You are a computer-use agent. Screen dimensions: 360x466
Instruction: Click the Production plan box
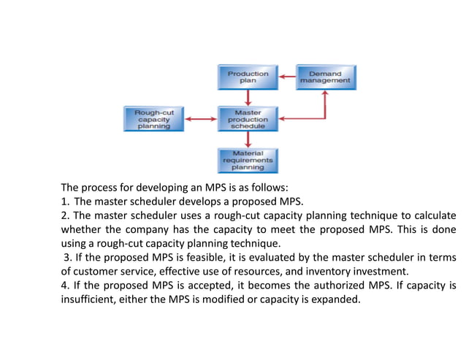tap(248, 77)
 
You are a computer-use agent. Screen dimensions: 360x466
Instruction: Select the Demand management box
tap(326, 77)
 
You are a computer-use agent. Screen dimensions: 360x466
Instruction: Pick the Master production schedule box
tap(248, 119)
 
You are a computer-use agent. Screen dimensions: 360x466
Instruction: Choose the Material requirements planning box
tap(248, 159)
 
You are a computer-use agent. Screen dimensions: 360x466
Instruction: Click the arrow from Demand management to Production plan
tap(286, 77)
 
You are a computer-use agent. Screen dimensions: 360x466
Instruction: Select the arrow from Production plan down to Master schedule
tap(248, 99)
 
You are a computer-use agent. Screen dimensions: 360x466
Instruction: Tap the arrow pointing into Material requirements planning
tap(248, 139)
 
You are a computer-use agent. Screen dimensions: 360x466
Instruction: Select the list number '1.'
tap(65, 201)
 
